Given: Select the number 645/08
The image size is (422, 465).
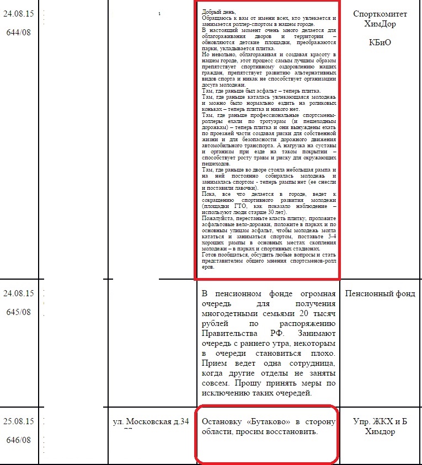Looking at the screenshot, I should pos(19,312).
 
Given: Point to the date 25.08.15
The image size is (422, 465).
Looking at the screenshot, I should pos(19,422).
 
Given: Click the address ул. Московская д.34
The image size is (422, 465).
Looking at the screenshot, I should pos(152,423).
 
